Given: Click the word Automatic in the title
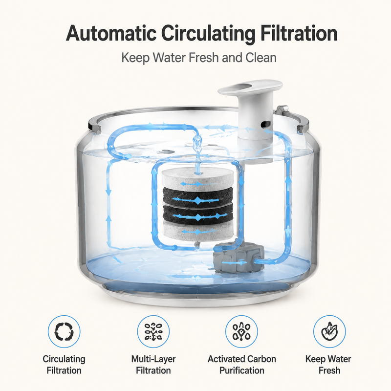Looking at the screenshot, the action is point(111,33).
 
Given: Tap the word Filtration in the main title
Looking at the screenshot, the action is point(299,33).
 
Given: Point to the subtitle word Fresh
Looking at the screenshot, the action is point(203,58).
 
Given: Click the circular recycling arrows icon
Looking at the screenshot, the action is point(64,331).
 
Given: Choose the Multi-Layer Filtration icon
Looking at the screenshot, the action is point(153,331).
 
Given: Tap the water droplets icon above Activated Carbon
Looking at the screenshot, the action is point(241,331).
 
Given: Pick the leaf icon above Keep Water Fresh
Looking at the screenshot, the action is point(329,331).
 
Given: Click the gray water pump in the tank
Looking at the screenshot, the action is point(239,258).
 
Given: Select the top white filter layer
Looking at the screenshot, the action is point(197,179).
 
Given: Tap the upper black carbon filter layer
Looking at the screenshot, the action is point(197,197).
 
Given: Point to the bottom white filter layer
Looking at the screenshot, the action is point(197,231).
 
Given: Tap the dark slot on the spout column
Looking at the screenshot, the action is point(265,124).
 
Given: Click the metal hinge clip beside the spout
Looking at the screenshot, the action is point(282,109).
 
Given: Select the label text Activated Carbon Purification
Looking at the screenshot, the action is point(241,365).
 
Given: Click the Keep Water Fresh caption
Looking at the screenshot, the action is point(328,365).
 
